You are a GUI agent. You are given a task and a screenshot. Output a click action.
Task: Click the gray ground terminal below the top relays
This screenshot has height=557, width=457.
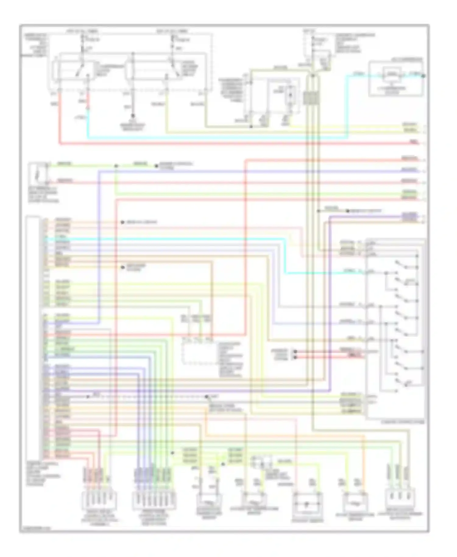[x=133, y=116]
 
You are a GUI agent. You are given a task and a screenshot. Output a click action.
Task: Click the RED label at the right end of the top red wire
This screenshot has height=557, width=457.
[x=413, y=142]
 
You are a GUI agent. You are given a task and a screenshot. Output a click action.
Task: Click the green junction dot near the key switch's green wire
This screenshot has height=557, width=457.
[x=116, y=166]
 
